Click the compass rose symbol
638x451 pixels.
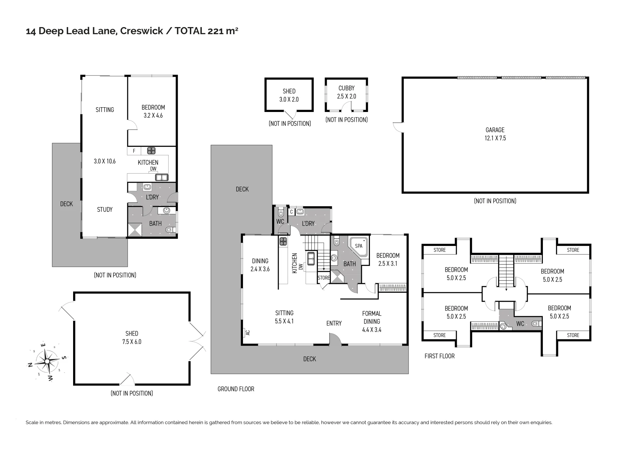coord(47,361)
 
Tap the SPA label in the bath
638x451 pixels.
coord(359,246)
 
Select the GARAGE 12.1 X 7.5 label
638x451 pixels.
coord(495,134)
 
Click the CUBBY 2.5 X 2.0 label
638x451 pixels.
coord(347,92)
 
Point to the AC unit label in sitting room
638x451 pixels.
coord(248,333)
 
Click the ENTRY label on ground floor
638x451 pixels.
coord(334,323)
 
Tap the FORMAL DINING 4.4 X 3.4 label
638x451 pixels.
coord(372,321)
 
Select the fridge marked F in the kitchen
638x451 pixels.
coord(134,151)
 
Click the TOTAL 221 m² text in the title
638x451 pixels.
coord(206,31)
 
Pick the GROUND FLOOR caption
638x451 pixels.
coord(236,389)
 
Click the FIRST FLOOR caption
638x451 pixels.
coord(440,356)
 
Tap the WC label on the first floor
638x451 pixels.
coord(520,324)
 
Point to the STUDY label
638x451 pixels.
coord(105,209)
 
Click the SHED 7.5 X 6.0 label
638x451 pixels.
coord(132,338)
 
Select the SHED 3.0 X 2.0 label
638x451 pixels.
coord(289,95)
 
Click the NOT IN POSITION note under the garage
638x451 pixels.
coord(495,201)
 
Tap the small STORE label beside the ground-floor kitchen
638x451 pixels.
coord(324,278)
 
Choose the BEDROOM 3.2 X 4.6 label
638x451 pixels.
coord(153,111)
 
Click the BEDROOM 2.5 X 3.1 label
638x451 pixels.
coord(388,260)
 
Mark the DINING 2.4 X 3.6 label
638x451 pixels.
coord(260,265)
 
